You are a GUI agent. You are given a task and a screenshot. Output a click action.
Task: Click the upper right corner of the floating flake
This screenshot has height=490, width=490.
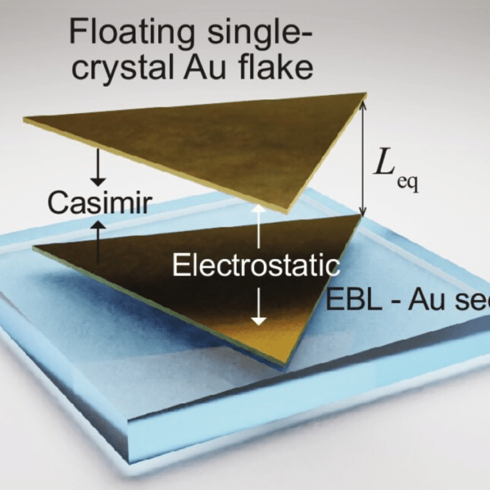point(365,94)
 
